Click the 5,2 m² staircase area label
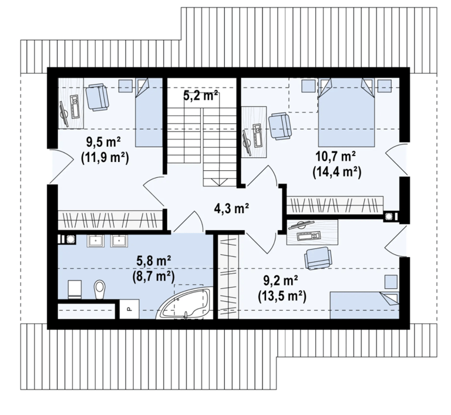(200, 96)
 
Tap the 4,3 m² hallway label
(231, 208)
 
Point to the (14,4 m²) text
(337, 172)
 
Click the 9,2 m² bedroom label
(281, 281)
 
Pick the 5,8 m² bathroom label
(154, 262)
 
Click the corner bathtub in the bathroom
(184, 304)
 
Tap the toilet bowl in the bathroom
(99, 289)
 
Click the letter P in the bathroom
(129, 309)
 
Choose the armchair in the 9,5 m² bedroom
(97, 97)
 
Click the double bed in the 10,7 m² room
(346, 112)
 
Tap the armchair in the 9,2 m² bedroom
(318, 258)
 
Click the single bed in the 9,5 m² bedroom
(149, 113)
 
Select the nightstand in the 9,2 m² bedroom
(391, 282)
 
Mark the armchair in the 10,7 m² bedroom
(280, 127)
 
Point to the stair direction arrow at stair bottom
(219, 182)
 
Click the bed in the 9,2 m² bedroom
(364, 305)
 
